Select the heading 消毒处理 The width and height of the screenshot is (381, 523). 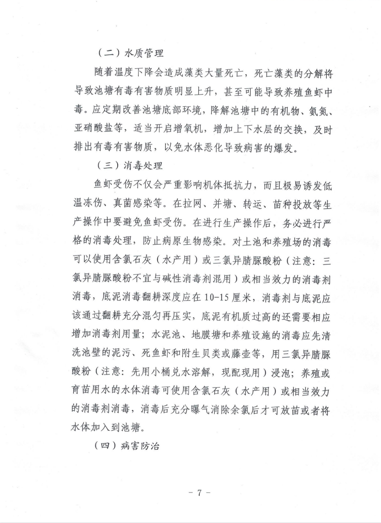(136, 164)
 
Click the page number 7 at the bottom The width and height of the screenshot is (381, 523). (199, 493)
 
